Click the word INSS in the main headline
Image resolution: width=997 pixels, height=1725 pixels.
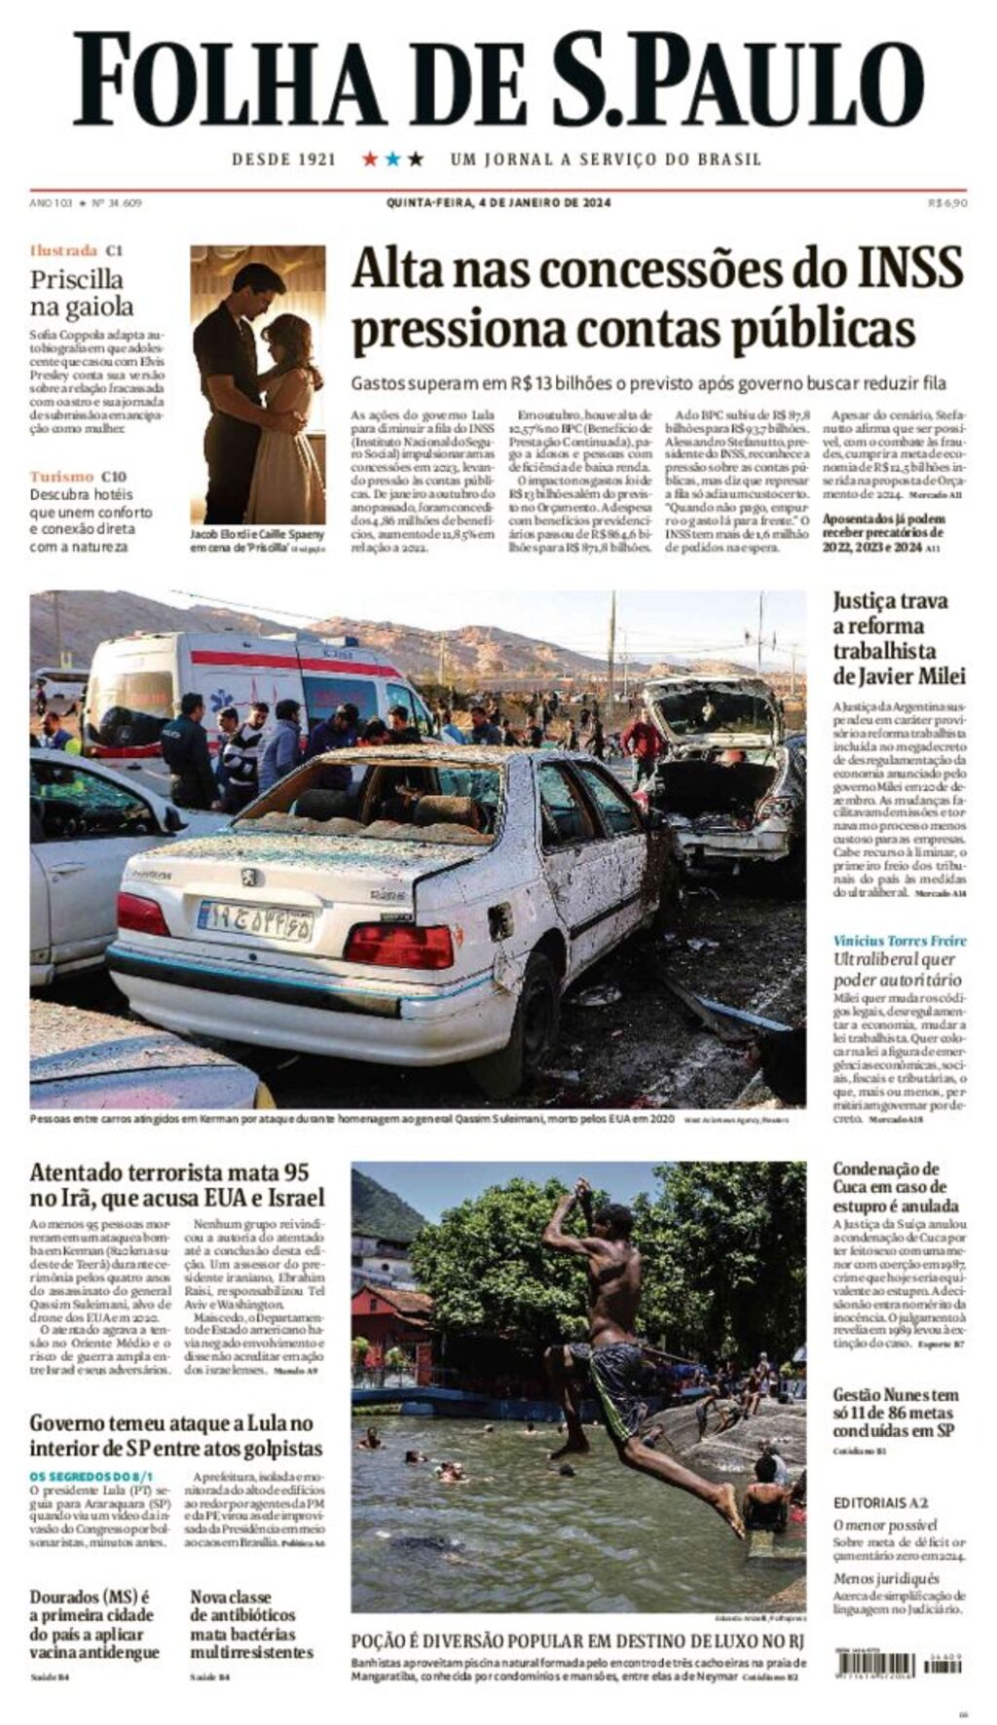[x=897, y=269]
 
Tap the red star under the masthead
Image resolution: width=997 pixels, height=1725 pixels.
[x=370, y=159]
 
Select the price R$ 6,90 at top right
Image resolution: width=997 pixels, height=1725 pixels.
[x=947, y=202]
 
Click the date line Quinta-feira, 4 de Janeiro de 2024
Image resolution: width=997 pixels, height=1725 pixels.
[x=498, y=202]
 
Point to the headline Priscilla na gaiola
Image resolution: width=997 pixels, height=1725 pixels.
[x=82, y=293]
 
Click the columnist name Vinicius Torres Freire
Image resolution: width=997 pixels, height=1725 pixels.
[x=900, y=940]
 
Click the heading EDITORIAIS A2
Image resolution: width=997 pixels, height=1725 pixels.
[x=880, y=1502]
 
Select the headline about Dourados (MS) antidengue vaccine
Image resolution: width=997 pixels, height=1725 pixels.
[x=93, y=1625]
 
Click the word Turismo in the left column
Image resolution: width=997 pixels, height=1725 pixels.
[x=61, y=476]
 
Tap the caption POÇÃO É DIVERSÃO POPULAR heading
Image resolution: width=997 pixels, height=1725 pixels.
[x=577, y=1641]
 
